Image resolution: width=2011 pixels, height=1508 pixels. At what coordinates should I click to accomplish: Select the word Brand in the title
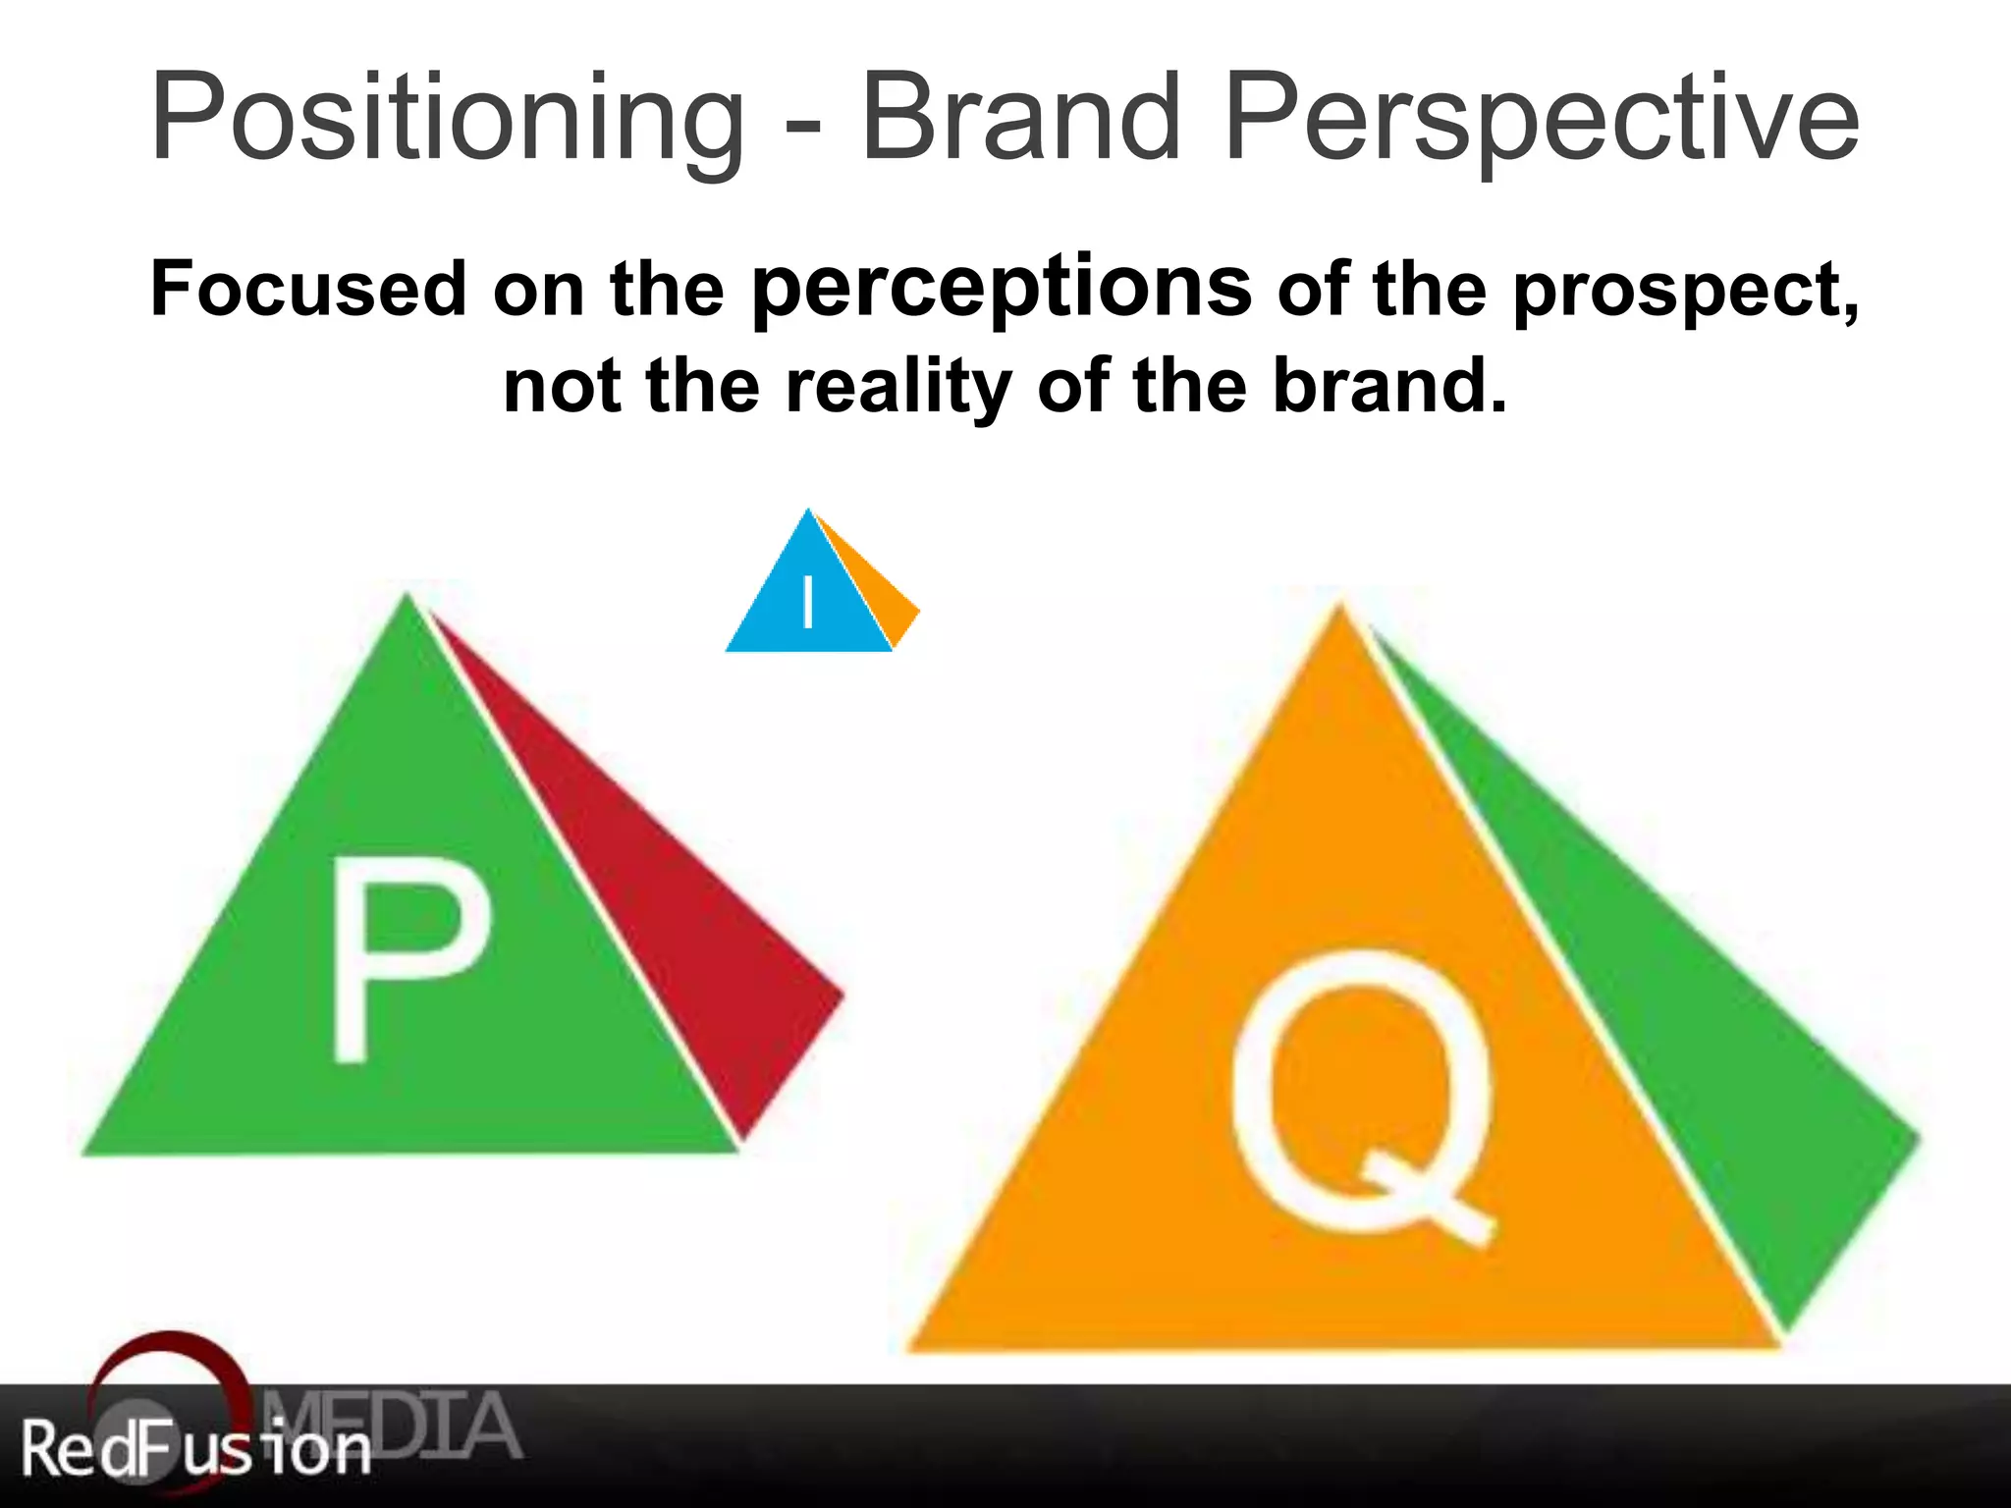point(1020,118)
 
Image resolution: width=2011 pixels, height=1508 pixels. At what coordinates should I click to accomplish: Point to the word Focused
point(308,290)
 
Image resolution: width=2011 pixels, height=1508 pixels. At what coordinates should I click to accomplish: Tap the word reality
point(898,387)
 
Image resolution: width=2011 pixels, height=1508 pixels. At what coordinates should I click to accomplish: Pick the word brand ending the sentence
point(1388,385)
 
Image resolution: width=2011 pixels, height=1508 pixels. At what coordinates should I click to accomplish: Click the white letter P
point(408,957)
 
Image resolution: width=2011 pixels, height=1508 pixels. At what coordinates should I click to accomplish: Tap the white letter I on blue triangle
point(808,601)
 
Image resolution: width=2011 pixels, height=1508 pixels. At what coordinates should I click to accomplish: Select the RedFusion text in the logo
point(196,1449)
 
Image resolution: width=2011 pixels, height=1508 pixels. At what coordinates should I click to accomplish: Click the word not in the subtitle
point(561,387)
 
